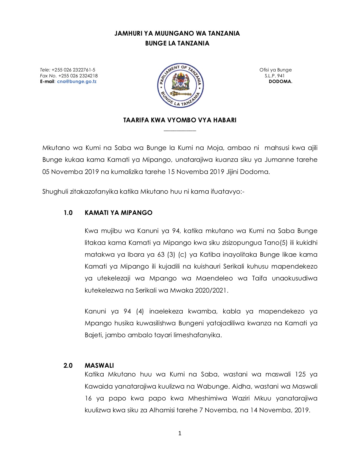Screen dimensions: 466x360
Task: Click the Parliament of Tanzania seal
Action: point(180,85)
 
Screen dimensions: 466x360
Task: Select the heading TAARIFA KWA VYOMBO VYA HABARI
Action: point(180,120)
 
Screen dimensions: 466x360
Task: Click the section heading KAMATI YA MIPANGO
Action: point(118,213)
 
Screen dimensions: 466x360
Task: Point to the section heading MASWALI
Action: point(99,365)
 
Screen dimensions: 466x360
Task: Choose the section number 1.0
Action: point(68,213)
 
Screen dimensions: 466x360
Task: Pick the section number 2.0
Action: point(68,365)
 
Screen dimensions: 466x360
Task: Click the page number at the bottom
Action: point(180,433)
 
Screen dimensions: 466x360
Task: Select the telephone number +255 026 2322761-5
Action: point(73,70)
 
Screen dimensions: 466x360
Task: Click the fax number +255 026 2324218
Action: point(78,76)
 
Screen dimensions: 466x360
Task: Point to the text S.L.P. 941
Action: point(274,76)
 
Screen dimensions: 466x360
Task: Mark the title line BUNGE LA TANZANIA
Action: point(177,43)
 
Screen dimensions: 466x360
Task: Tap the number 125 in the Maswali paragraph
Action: point(300,374)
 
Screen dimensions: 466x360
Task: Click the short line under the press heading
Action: point(180,130)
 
